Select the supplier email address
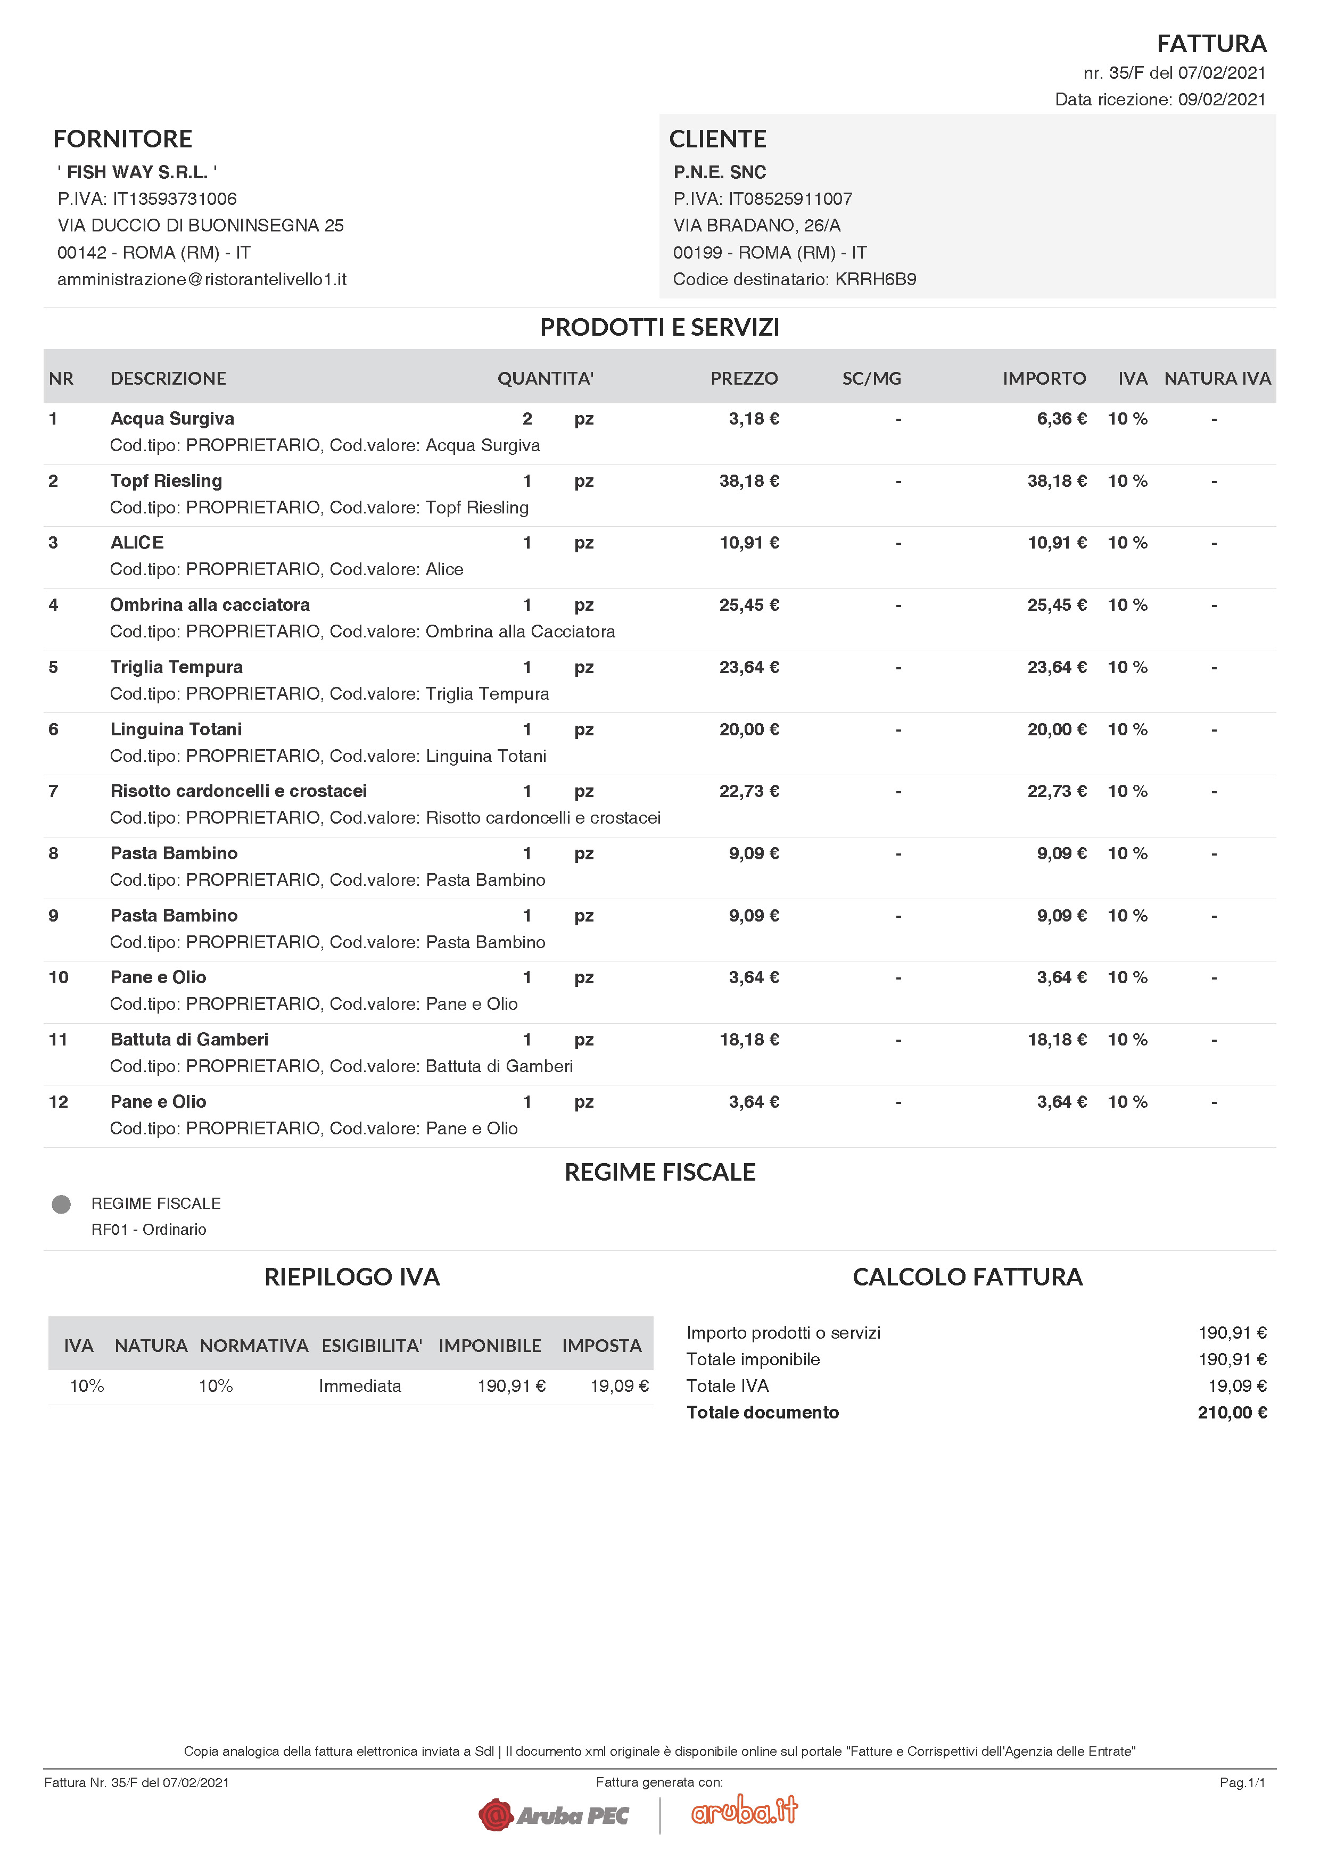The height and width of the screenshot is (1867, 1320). coord(202,279)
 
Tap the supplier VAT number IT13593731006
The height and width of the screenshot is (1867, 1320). coord(174,198)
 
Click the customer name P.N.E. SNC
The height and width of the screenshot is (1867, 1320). coord(719,171)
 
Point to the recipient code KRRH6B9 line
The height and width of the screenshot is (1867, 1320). coord(794,279)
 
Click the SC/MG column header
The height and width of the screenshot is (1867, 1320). coord(871,378)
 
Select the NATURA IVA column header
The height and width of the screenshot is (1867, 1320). coord(1217,378)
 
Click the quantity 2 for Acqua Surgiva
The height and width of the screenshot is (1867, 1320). coord(527,419)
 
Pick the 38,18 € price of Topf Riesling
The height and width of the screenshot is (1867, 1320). coord(748,480)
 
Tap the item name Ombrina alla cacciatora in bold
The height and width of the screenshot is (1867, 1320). coord(210,605)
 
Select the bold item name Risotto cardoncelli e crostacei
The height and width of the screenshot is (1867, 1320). coord(238,791)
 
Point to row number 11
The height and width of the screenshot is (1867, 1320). coord(57,1039)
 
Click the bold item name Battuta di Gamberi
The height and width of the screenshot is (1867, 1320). coord(189,1039)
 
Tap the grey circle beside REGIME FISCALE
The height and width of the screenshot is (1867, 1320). coord(61,1204)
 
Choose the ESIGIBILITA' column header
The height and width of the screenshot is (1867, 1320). coord(372,1346)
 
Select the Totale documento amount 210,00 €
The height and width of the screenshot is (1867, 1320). coord(1231,1413)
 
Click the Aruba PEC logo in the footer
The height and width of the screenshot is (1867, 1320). coord(554,1815)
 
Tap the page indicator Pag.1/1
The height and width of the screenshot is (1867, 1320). coord(1242,1782)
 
